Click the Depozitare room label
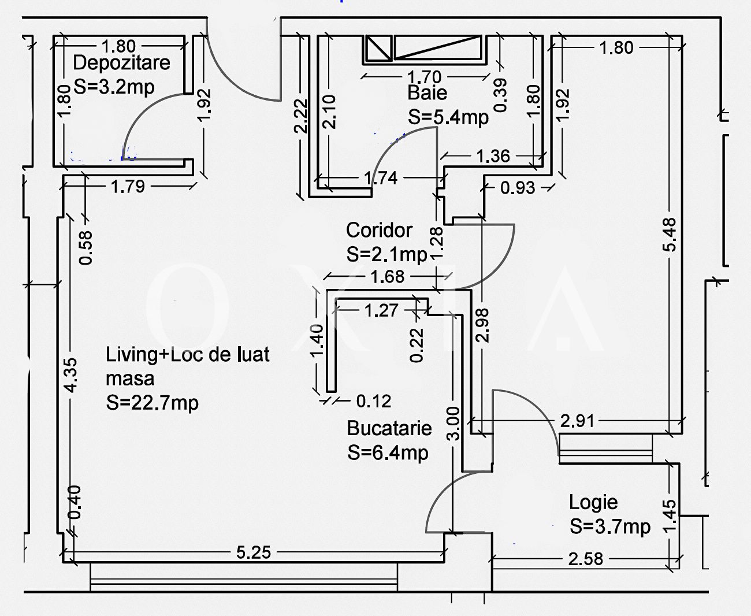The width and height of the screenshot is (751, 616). [x=122, y=63]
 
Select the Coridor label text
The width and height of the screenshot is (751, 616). [x=379, y=230]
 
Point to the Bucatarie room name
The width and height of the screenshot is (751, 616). [x=389, y=428]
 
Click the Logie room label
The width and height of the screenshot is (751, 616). [x=593, y=502]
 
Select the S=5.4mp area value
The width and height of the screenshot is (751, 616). [x=448, y=117]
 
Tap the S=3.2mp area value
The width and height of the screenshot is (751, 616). [x=114, y=87]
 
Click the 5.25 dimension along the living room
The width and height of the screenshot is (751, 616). [x=254, y=552]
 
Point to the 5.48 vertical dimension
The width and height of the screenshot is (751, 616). [x=670, y=235]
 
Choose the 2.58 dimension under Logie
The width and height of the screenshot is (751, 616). [x=585, y=559]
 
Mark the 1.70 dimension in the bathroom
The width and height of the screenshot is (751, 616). [x=424, y=77]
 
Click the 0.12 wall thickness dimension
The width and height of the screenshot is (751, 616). [x=374, y=401]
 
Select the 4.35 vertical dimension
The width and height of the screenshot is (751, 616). [x=70, y=375]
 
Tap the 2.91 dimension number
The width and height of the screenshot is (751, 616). [x=577, y=421]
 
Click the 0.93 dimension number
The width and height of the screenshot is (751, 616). [x=518, y=188]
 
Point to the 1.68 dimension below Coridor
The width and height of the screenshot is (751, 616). [x=388, y=277]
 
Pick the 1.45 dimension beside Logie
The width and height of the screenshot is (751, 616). [x=670, y=515]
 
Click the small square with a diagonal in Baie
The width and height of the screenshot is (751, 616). [x=377, y=48]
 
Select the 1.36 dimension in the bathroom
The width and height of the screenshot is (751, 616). [x=493, y=156]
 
